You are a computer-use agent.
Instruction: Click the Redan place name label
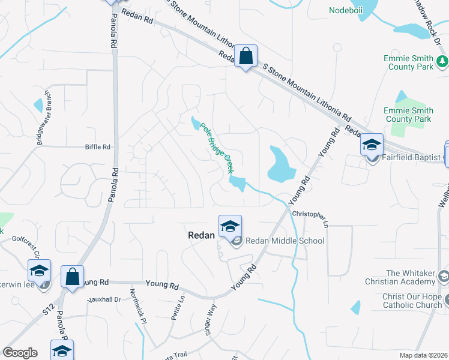tap(198, 236)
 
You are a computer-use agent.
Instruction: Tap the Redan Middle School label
tap(285, 241)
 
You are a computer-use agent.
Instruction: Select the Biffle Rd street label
tap(98, 146)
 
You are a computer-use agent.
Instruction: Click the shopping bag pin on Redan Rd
tap(246, 57)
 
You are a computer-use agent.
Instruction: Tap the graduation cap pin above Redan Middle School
tap(230, 227)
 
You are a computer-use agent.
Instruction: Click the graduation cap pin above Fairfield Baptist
tap(372, 145)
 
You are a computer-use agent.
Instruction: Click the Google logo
tap(20, 352)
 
